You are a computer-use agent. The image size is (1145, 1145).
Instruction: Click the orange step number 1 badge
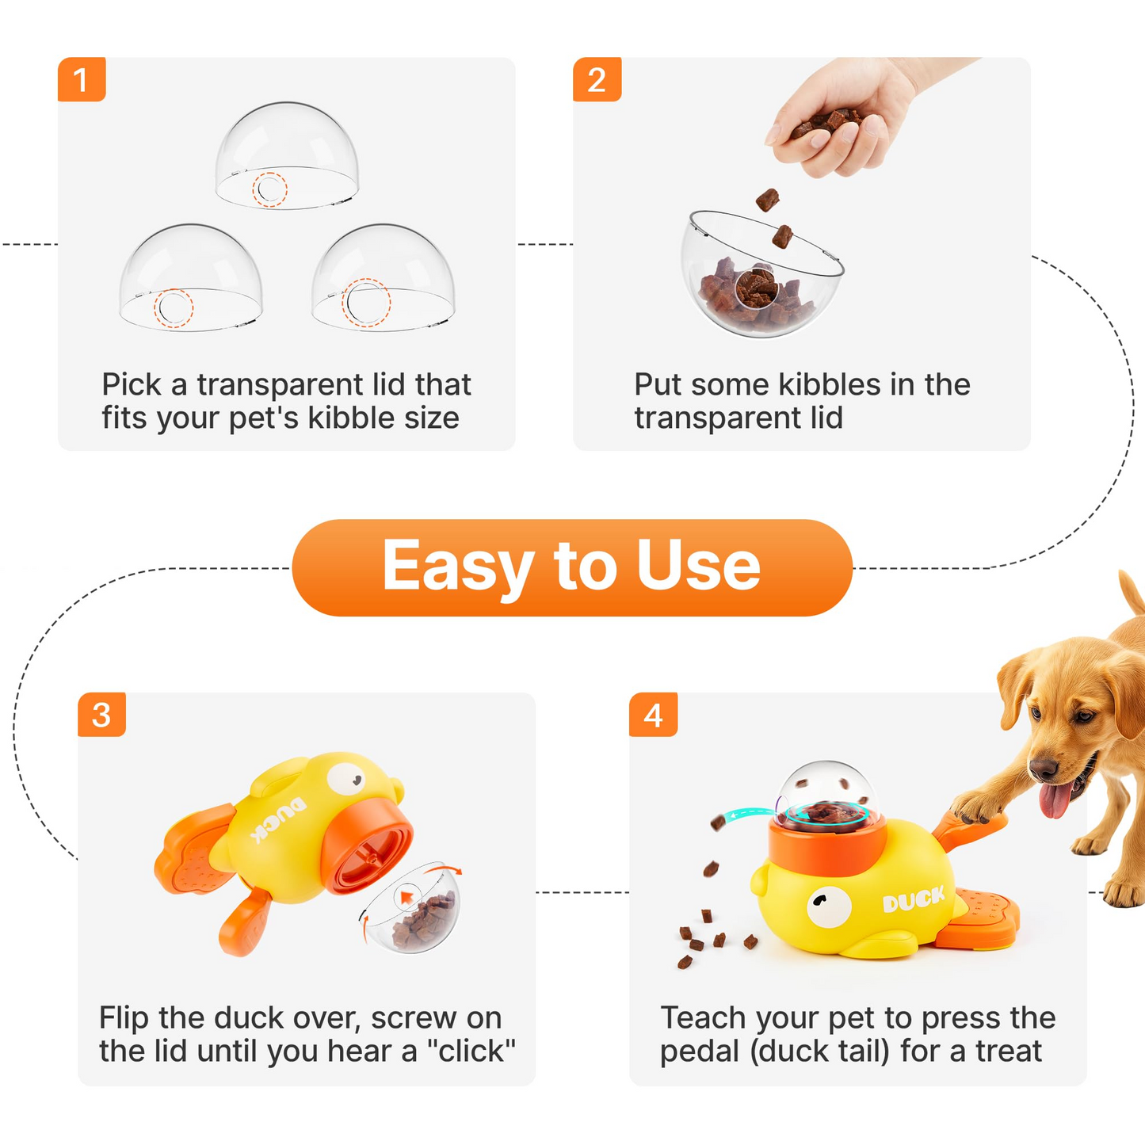pyautogui.click(x=81, y=79)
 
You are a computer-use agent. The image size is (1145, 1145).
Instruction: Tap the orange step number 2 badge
pyautogui.click(x=597, y=79)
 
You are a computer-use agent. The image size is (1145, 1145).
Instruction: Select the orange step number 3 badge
pyautogui.click(x=101, y=715)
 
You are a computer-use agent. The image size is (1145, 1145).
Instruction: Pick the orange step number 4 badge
pyautogui.click(x=653, y=715)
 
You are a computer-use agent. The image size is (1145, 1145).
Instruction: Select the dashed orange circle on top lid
pyautogui.click(x=269, y=189)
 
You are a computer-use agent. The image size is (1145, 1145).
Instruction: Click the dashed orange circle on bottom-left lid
pyautogui.click(x=173, y=307)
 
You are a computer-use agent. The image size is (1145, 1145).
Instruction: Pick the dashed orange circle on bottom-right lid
pyautogui.click(x=365, y=302)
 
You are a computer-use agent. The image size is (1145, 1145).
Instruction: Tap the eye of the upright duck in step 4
pyautogui.click(x=828, y=904)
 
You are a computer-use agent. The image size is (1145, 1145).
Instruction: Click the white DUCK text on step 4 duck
pyautogui.click(x=914, y=899)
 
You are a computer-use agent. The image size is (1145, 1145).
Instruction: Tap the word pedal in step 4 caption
pyautogui.click(x=699, y=1051)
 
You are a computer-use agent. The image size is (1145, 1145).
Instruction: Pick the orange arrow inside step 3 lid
pyautogui.click(x=406, y=897)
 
